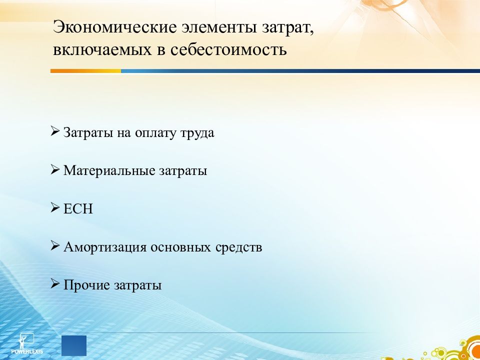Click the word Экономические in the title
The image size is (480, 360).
point(115,27)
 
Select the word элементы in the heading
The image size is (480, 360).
point(219,27)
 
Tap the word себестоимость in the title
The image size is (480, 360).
point(228,49)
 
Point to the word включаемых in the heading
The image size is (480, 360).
point(102,50)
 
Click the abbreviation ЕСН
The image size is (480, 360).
point(78,209)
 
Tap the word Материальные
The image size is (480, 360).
point(109,170)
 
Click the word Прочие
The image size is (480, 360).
point(86,285)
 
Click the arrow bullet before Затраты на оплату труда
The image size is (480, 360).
point(55,131)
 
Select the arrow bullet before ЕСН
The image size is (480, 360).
point(55,207)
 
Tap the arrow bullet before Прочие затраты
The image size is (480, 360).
point(55,283)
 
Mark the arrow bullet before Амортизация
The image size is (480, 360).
point(55,245)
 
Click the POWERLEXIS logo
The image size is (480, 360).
point(27,343)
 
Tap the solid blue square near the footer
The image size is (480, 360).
point(74,345)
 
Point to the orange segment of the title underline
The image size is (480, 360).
point(85,71)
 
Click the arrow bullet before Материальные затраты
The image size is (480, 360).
point(55,169)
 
